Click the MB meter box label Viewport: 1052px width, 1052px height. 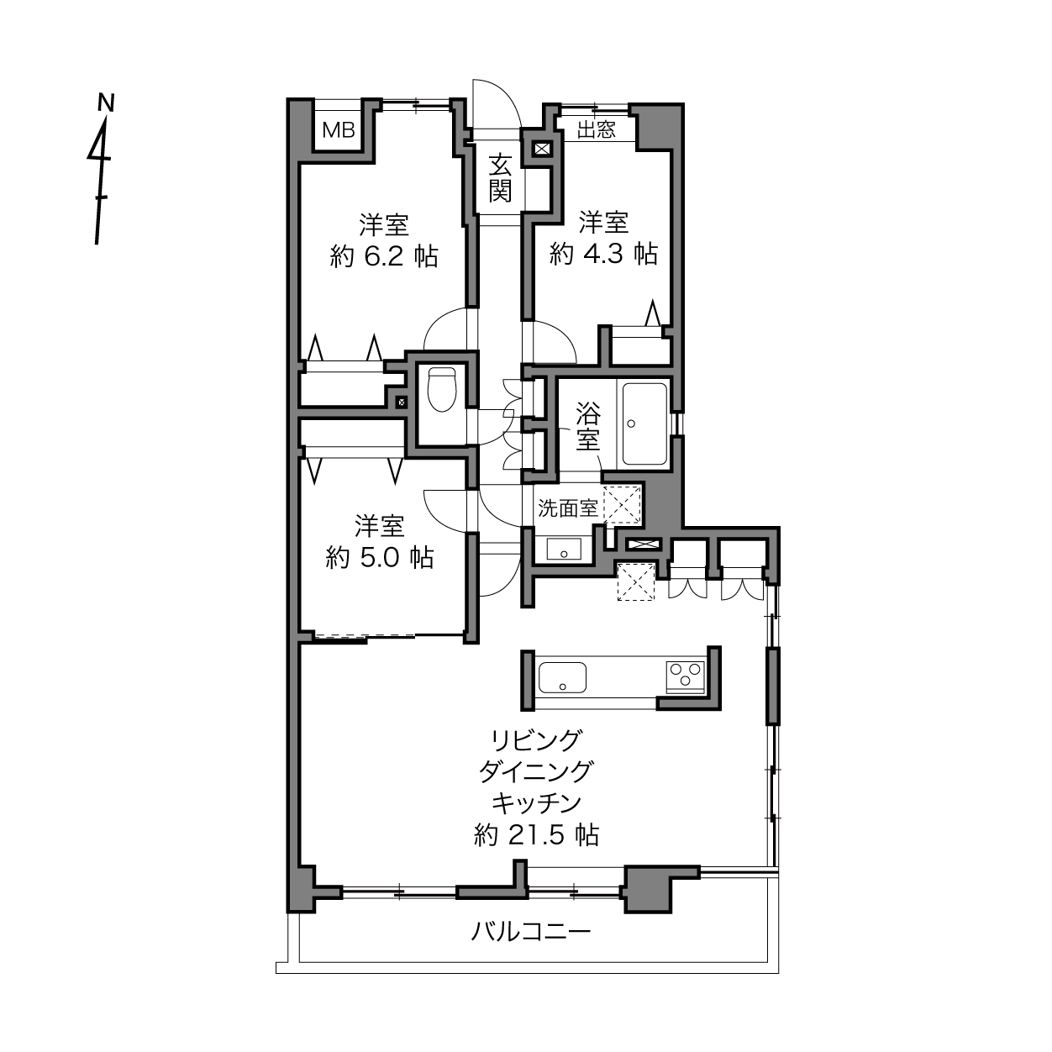pyautogui.click(x=339, y=130)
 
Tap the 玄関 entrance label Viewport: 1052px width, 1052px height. pyautogui.click(x=499, y=178)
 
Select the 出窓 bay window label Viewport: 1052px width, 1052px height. pyautogui.click(x=597, y=130)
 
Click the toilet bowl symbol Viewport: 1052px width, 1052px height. pyautogui.click(x=442, y=389)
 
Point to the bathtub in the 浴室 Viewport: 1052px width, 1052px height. pyautogui.click(x=644, y=423)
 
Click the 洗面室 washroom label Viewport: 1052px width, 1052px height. pyautogui.click(x=568, y=508)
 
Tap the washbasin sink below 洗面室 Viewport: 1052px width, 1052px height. pyautogui.click(x=564, y=549)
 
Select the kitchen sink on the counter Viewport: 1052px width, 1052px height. pyautogui.click(x=562, y=677)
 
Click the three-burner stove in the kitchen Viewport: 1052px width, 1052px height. pyautogui.click(x=685, y=677)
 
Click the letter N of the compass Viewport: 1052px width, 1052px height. pyautogui.click(x=106, y=103)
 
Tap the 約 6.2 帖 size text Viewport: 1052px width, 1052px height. pyautogui.click(x=384, y=256)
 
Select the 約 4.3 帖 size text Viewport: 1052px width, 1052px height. pyautogui.click(x=603, y=253)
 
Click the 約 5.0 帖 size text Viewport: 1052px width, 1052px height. pyautogui.click(x=380, y=557)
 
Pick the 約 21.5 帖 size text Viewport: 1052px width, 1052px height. pyautogui.click(x=537, y=834)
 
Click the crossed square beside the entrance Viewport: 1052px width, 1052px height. pyautogui.click(x=542, y=149)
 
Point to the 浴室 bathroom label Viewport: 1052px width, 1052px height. pyautogui.click(x=587, y=426)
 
